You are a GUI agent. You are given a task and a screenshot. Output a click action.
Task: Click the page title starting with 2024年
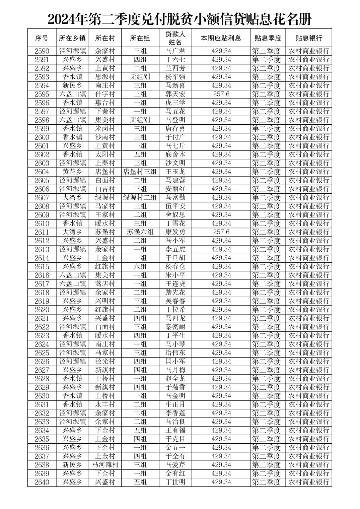179,19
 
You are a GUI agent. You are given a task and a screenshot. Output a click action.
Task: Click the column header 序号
42,38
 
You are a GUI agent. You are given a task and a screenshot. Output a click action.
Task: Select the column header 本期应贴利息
221,38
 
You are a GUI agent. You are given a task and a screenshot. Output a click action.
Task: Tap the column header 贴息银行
308,38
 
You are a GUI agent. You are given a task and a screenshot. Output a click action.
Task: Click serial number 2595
42,94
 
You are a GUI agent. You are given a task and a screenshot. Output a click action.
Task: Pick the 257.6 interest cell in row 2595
221,94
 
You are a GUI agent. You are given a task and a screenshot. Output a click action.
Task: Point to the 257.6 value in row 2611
221,232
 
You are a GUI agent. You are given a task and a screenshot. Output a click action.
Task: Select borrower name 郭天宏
175,94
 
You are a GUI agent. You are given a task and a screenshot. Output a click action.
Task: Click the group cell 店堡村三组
140,172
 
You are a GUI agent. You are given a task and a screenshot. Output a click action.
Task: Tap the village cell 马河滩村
105,465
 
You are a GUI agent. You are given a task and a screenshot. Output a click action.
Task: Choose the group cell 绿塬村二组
140,198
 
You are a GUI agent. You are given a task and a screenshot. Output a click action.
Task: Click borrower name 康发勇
175,232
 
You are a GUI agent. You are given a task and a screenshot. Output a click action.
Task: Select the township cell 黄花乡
72,172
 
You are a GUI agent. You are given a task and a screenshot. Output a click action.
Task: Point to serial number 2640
42,482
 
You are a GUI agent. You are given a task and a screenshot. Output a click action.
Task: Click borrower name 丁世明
175,482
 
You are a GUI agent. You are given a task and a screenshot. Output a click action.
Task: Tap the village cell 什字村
105,94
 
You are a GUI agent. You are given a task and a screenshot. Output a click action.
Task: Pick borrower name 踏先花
175,293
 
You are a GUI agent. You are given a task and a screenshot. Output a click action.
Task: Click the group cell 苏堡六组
140,232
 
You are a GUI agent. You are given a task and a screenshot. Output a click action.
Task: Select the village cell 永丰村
105,404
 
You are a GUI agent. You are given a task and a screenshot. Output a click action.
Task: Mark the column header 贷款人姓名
175,38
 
